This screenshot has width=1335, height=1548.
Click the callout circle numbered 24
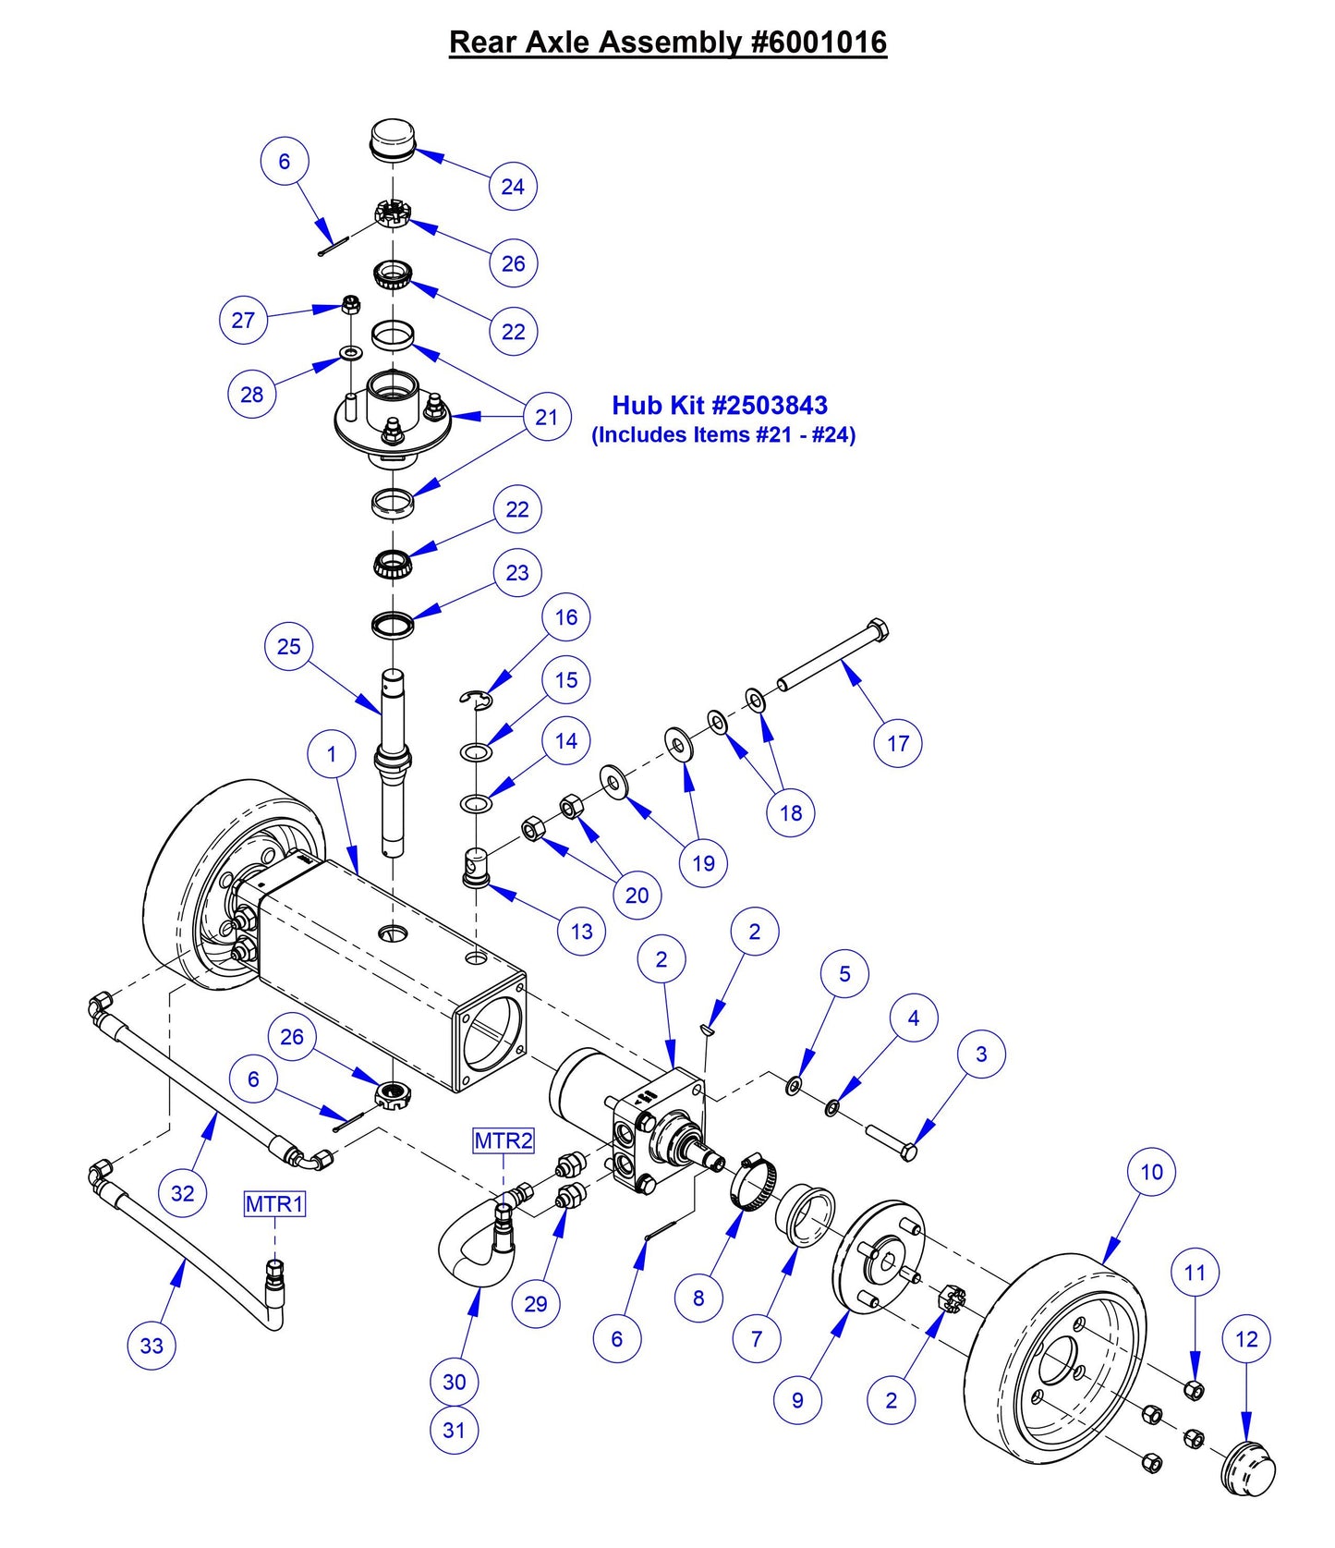(513, 186)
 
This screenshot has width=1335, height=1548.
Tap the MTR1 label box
(274, 1204)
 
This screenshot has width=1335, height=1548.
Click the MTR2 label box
(504, 1140)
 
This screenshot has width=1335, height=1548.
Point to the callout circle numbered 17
(898, 742)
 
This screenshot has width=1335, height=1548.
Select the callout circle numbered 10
(1151, 1172)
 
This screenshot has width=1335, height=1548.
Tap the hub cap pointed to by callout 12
(1250, 1469)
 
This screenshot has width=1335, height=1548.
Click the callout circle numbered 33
(152, 1345)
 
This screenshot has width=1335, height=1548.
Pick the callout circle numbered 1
(332, 754)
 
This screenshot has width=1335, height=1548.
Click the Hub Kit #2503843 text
(720, 405)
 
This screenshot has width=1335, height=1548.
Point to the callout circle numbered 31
(454, 1430)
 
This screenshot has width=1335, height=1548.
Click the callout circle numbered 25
(289, 646)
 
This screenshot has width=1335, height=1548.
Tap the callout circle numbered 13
(582, 931)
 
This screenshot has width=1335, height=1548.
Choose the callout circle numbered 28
(251, 394)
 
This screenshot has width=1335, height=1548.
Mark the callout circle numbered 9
(797, 1399)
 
